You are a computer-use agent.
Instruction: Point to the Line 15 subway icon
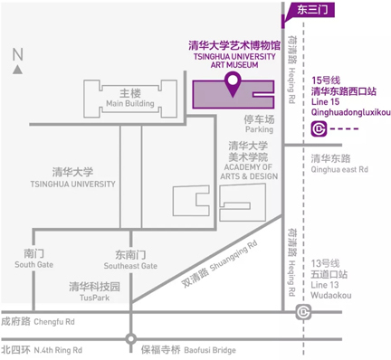coord(319,129)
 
